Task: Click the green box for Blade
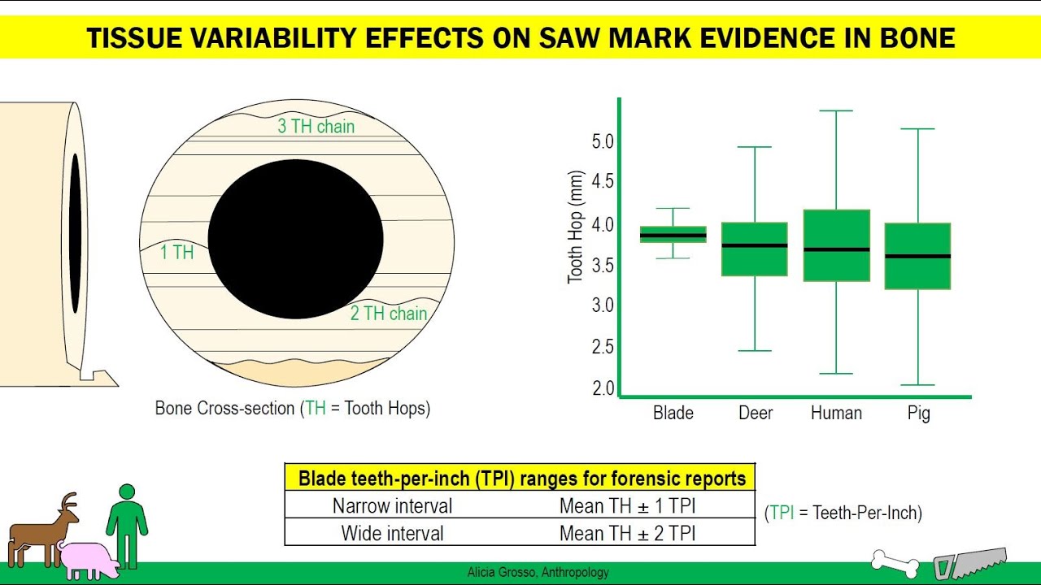point(673,235)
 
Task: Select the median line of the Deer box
point(755,245)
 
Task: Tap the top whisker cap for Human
point(837,111)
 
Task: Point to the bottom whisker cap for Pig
point(918,385)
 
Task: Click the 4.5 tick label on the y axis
point(603,181)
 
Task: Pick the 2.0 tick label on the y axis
point(603,388)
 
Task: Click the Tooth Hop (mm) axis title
point(575,227)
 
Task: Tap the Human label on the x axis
point(837,413)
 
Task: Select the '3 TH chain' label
point(316,126)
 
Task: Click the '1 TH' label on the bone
point(177,252)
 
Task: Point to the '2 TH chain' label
point(389,314)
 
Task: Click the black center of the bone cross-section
point(295,239)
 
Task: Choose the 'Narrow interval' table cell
point(392,505)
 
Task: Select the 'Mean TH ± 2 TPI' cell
point(627,534)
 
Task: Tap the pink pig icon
point(89,560)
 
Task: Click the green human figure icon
point(127,526)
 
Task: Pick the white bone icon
point(895,564)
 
